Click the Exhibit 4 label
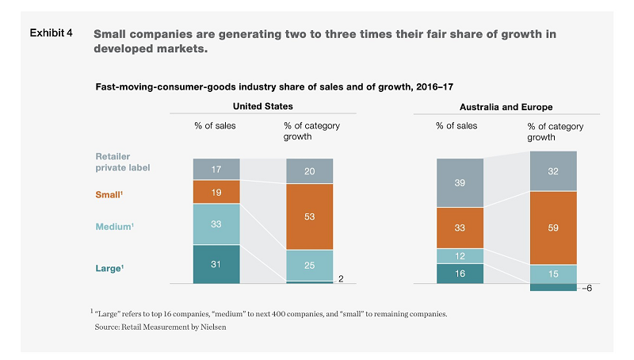coord(52,33)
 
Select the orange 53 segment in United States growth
coord(310,216)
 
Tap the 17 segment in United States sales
coord(216,169)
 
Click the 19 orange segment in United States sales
coord(216,191)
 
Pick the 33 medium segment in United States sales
coord(216,224)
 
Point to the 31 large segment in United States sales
coord(216,263)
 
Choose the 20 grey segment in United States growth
coord(310,170)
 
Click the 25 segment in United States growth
coord(310,265)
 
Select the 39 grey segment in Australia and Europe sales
coord(459,182)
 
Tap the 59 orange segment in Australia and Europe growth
coord(552,228)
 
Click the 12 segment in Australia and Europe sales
coord(459,255)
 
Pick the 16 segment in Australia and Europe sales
coord(459,273)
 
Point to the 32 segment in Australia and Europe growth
coord(552,170)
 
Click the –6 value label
coord(587,289)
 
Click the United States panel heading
coord(262,106)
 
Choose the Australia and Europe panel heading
coord(506,106)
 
